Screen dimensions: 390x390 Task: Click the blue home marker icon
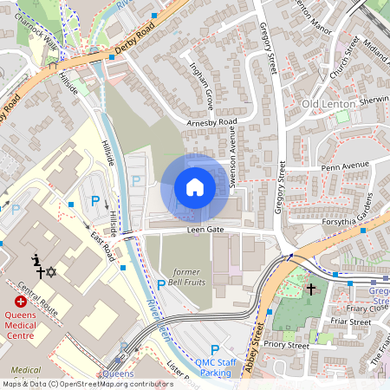point(195,187)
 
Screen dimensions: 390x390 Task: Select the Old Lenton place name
point(328,104)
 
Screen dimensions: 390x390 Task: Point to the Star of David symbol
point(50,272)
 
